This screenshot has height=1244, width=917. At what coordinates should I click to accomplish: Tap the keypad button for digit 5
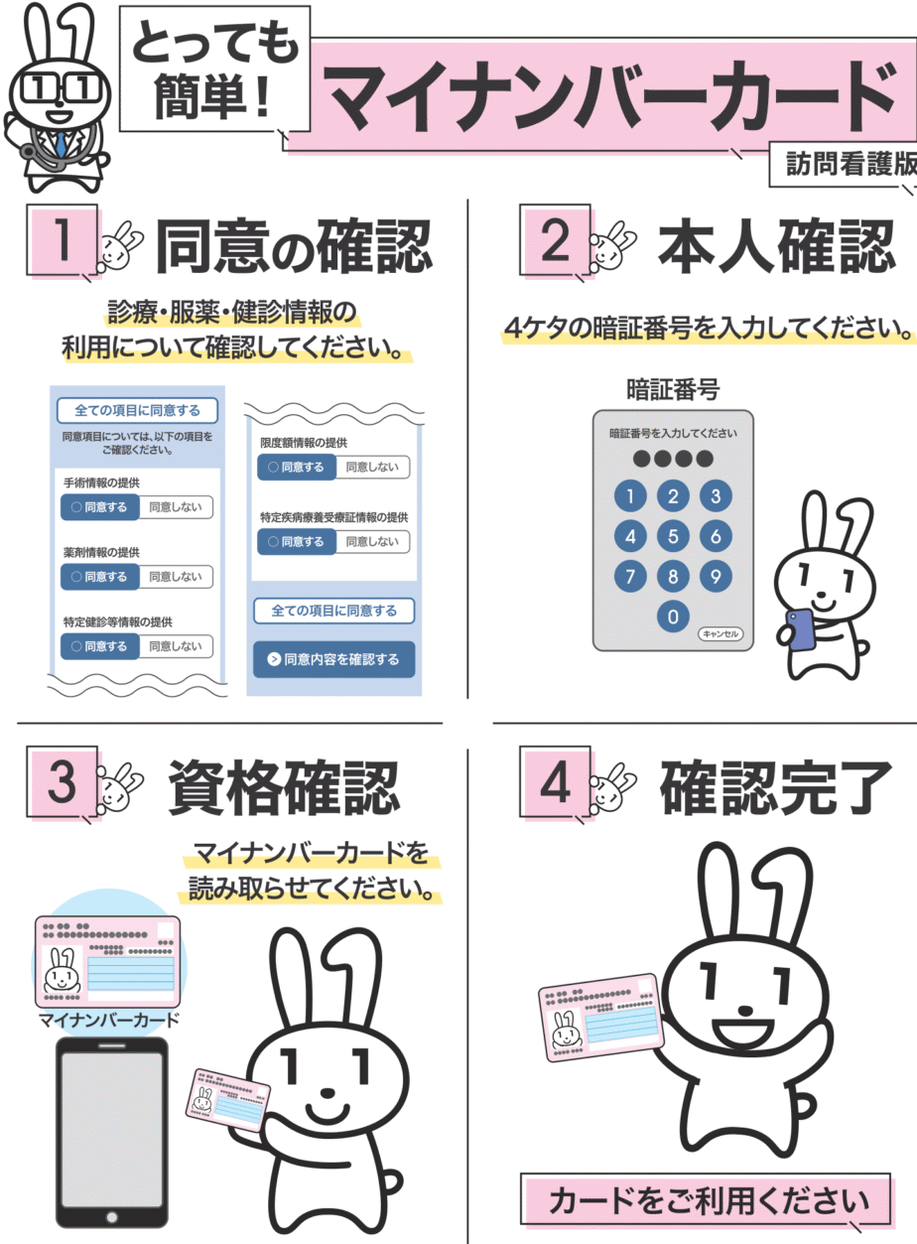pyautogui.click(x=673, y=536)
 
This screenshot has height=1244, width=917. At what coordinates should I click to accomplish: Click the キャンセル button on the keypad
pyautogui.click(x=720, y=633)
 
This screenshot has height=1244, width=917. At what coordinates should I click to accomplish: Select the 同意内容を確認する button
pyautogui.click(x=333, y=659)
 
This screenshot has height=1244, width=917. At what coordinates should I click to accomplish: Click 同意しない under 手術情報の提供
pyautogui.click(x=176, y=507)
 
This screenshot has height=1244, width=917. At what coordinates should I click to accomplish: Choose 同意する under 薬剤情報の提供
pyautogui.click(x=100, y=577)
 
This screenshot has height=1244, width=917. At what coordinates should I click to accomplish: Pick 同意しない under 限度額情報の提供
pyautogui.click(x=372, y=467)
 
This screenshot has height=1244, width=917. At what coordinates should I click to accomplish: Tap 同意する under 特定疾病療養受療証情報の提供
pyautogui.click(x=297, y=541)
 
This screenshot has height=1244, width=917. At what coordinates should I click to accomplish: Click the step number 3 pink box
pyautogui.click(x=63, y=782)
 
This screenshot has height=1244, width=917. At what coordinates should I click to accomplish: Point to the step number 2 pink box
pyautogui.click(x=555, y=240)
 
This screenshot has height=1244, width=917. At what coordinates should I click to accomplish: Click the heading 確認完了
pyautogui.click(x=776, y=787)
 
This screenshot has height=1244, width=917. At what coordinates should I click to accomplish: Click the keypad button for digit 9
pyautogui.click(x=716, y=576)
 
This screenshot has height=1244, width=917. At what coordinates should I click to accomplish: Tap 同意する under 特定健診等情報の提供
pyautogui.click(x=100, y=646)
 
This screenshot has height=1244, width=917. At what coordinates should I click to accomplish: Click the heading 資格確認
pyautogui.click(x=284, y=787)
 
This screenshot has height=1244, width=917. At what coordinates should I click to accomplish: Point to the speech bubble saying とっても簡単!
pyautogui.click(x=214, y=69)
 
